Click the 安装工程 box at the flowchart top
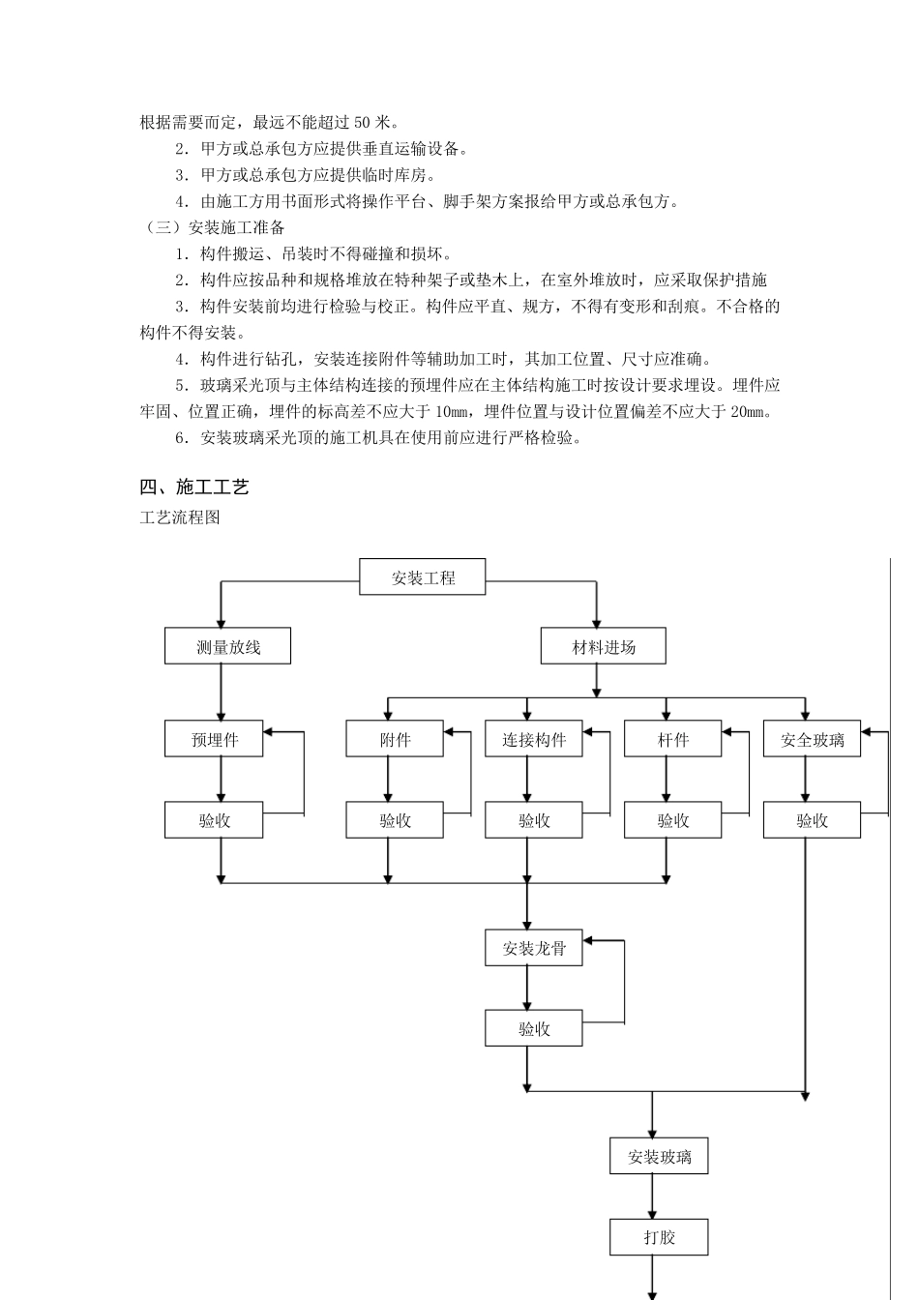coord(423,577)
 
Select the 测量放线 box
coord(227,646)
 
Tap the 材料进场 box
coord(603,646)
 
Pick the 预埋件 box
coord(214,739)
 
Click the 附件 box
coord(395,739)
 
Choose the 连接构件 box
coord(534,739)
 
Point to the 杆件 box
coord(673,739)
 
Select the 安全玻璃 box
coord(812,739)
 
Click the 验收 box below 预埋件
coord(214,820)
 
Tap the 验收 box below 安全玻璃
coord(812,820)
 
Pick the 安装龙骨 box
coord(534,948)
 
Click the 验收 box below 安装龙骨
coord(534,1028)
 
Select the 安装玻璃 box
coord(659,1156)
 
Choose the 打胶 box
coord(659,1237)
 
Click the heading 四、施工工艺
coord(194,487)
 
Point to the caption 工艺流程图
coord(180,517)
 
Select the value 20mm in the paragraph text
coord(750,411)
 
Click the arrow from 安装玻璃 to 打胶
coord(653,1197)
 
